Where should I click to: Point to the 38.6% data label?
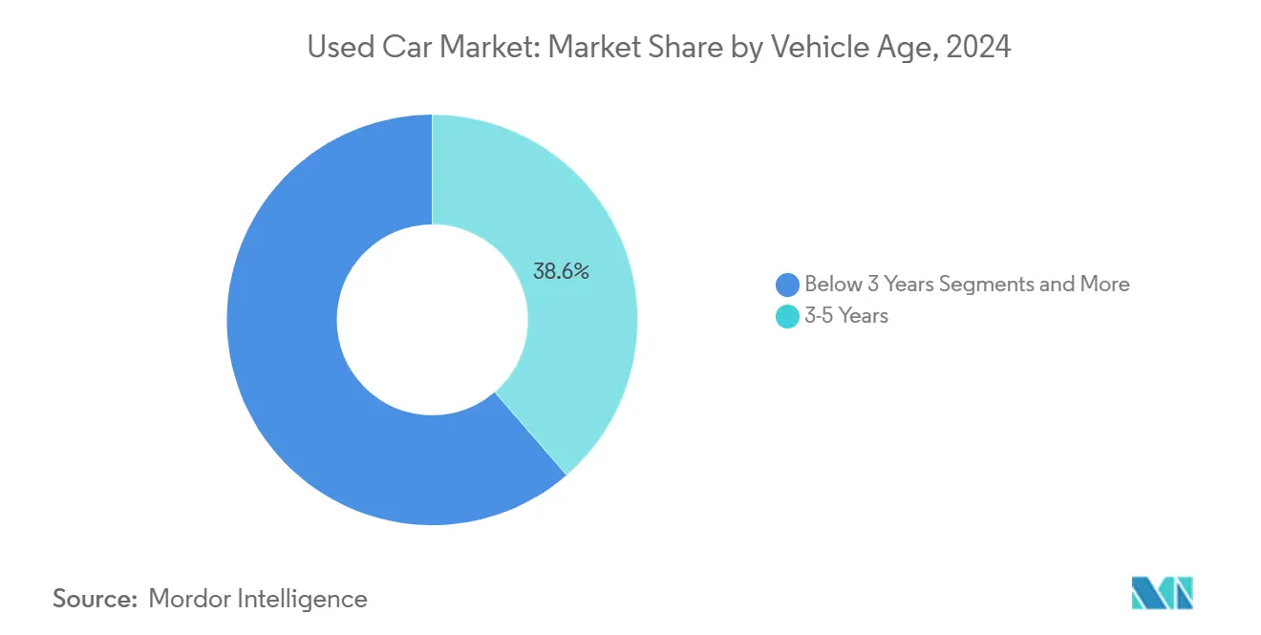[561, 271]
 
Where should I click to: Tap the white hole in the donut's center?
[432, 320]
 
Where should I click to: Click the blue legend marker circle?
[787, 285]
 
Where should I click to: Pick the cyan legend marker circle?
[787, 316]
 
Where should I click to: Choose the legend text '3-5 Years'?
[846, 316]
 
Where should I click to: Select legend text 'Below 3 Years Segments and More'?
[967, 285]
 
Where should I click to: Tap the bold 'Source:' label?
[95, 599]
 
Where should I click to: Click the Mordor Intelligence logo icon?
[1162, 593]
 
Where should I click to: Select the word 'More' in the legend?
[1104, 285]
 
